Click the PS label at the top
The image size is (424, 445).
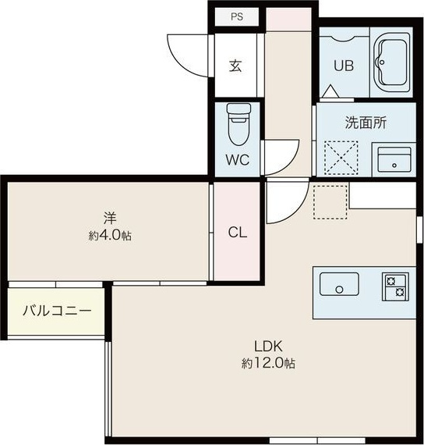237,16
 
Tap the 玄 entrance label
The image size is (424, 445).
235,66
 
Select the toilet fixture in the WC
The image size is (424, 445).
238,123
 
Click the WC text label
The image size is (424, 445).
238,159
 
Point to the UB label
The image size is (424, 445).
344,66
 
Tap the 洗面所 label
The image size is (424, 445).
366,123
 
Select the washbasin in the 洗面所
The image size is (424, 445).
394,159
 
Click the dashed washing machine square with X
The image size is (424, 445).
341,157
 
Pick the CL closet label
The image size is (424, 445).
238,233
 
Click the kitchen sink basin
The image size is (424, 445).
339,284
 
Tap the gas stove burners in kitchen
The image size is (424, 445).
395,287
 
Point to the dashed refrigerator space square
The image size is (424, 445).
330,202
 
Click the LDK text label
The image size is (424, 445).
268,346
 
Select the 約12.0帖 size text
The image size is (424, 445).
268,363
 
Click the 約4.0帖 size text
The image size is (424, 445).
110,236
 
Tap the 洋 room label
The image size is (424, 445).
110,219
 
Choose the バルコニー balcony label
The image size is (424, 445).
57,311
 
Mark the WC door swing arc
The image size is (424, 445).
289,163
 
